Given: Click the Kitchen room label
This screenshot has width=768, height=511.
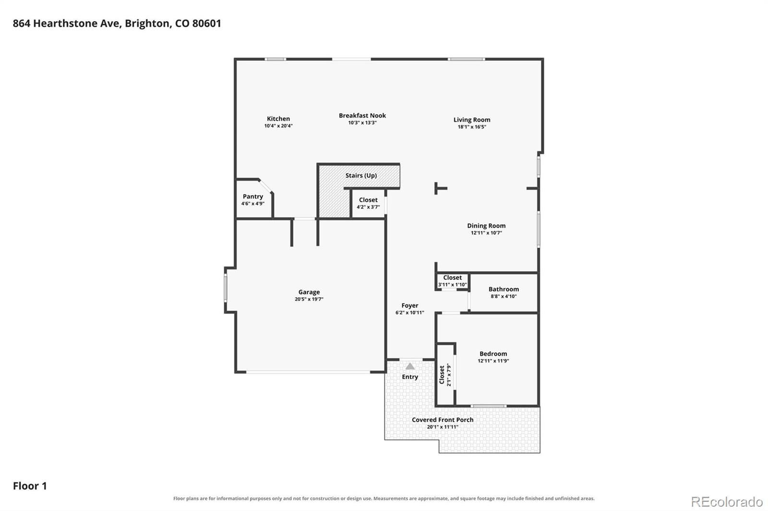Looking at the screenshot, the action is (278, 118).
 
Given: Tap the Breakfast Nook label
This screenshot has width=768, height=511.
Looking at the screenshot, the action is (362, 116).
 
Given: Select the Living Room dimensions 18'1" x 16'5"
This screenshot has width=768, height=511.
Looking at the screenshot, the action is (472, 127).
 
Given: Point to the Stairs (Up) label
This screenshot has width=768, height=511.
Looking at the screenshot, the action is (361, 175).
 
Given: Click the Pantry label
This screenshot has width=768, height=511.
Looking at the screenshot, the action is (252, 196).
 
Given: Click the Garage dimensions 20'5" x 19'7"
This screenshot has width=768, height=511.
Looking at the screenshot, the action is (309, 299).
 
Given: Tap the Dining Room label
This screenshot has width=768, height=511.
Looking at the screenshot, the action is (486, 226).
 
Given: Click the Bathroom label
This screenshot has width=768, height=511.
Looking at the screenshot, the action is (504, 289).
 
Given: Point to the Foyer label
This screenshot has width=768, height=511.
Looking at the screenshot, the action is (410, 305).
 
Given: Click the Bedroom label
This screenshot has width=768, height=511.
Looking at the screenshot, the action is (493, 353).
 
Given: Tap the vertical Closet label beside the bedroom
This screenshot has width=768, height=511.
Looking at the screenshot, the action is (442, 375).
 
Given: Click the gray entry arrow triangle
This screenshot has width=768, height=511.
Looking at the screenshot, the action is (410, 366).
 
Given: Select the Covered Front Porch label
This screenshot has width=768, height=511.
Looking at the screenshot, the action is (443, 419).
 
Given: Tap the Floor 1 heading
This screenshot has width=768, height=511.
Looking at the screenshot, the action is (30, 486).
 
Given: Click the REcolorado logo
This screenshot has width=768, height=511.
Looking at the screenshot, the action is (727, 502).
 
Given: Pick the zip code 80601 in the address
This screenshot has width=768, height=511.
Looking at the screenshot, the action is (207, 23).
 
